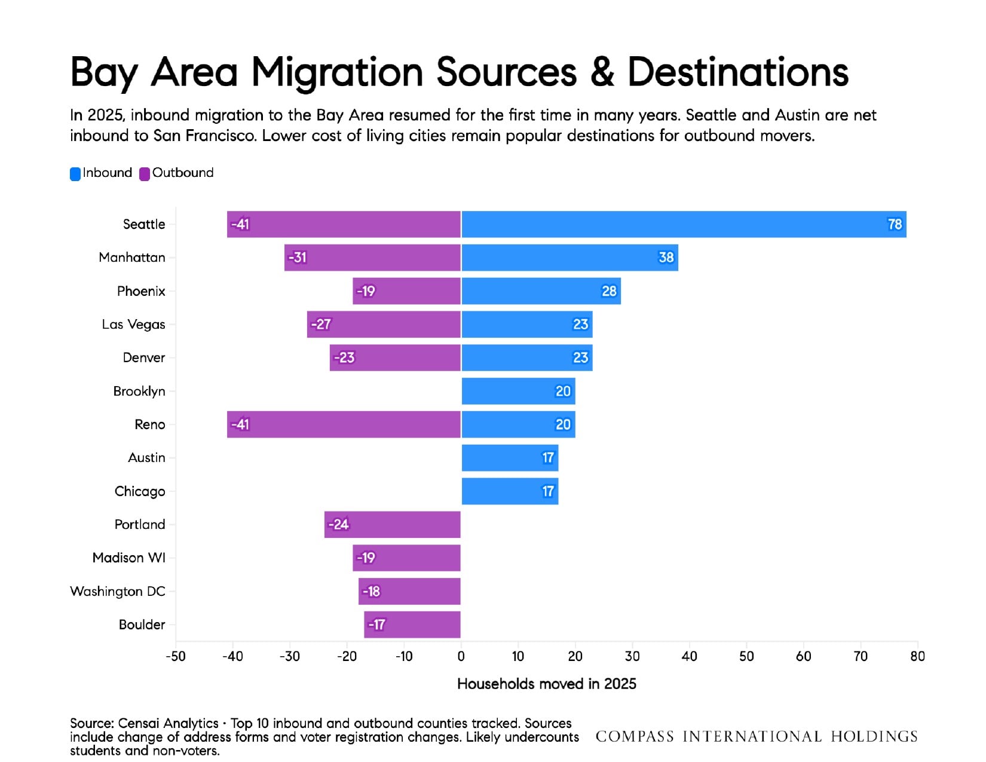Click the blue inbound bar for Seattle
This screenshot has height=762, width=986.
[684, 224]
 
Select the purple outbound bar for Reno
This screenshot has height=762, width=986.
[344, 424]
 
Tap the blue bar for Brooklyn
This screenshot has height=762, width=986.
[518, 391]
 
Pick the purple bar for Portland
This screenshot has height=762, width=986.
[393, 525]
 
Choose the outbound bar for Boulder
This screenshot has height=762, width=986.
[412, 625]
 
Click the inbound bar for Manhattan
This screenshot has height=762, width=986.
[570, 258]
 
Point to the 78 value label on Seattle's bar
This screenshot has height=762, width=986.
[895, 224]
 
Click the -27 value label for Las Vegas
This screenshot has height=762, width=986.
[321, 325]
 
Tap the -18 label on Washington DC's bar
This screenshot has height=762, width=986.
[371, 591]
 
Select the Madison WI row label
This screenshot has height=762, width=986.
[129, 558]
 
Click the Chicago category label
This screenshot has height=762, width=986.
[140, 491]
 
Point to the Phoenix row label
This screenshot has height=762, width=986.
[141, 291]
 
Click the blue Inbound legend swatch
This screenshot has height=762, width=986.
[75, 174]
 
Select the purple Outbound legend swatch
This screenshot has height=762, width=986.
[145, 174]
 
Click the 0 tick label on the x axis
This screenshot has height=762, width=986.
[461, 656]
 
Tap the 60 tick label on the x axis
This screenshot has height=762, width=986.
[804, 656]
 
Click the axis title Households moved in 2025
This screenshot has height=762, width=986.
[547, 684]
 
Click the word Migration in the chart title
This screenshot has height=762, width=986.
[337, 74]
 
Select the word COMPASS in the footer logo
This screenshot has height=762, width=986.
[635, 736]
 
